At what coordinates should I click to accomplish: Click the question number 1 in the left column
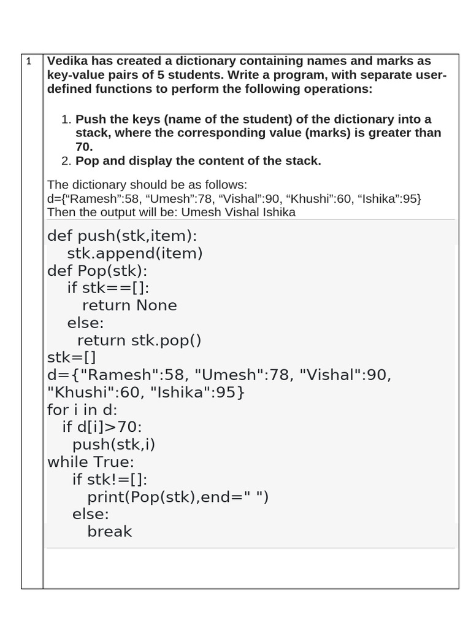pos(29,62)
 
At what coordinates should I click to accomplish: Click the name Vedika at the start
pos(69,61)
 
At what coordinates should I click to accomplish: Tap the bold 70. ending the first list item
pos(84,147)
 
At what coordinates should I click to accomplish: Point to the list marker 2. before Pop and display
pos(67,162)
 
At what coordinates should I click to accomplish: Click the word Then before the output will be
pos(61,213)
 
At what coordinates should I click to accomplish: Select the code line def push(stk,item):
pos(122,236)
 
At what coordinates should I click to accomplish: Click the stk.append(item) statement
pos(135,253)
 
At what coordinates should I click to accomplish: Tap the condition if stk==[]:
pos(108,288)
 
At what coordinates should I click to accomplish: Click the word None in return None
pos(156,305)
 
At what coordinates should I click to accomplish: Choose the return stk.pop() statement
pos(139,340)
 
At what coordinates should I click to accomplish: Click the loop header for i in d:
pos(82,410)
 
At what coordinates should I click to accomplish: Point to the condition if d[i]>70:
pos(102,427)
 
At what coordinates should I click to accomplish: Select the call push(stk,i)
pos(113,444)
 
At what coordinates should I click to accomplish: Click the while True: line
pos(90,461)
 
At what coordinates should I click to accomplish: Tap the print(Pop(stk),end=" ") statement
pos(178,496)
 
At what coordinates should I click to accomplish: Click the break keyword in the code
pos(110,531)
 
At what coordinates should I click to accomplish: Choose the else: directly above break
pos(90,514)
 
